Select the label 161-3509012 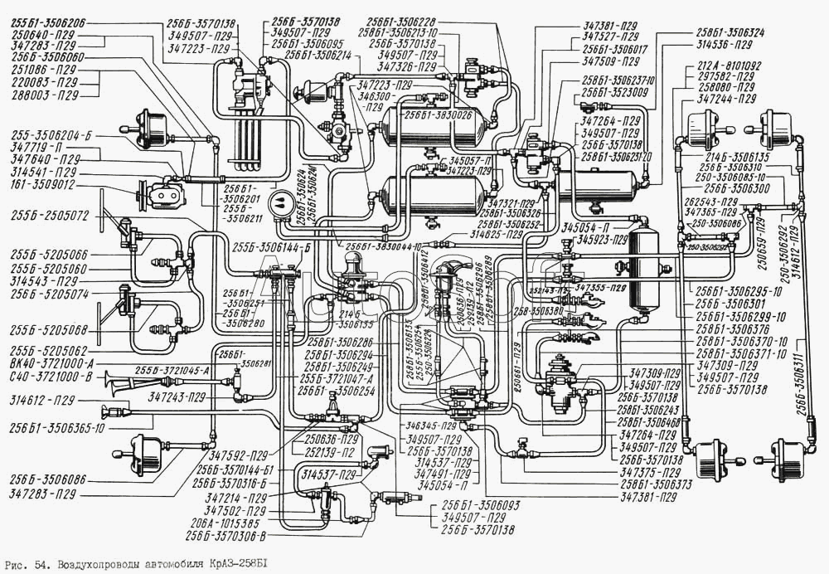point(43,185)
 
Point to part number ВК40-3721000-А point(52,362)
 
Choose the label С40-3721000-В point(50,377)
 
